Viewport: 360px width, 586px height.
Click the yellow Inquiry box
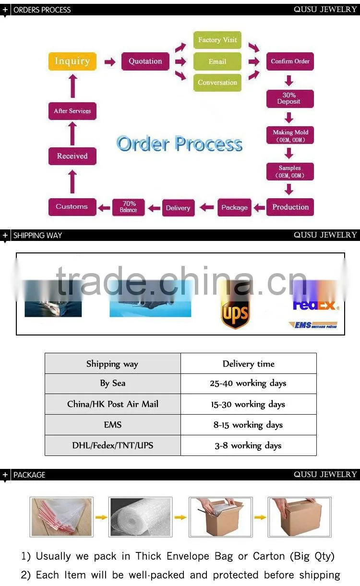(72, 61)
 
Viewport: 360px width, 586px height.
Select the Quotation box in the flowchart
(145, 61)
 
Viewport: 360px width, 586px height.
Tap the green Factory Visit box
(217, 40)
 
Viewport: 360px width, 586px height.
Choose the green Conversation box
(217, 83)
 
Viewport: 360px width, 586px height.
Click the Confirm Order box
(290, 61)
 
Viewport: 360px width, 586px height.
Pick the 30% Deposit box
(290, 98)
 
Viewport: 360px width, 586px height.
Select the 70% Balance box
(129, 207)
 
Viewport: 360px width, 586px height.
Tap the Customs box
(72, 207)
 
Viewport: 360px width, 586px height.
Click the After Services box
(72, 111)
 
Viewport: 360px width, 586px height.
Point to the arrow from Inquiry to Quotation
(109, 62)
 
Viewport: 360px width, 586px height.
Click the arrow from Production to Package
(259, 208)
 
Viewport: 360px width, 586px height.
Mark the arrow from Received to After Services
(72, 133)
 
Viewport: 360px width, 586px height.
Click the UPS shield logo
(235, 314)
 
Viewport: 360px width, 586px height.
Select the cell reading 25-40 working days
(248, 383)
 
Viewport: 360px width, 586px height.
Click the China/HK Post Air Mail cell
(113, 404)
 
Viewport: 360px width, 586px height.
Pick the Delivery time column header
(248, 364)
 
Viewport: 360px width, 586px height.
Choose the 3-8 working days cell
(248, 445)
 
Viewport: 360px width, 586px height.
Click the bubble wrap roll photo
(141, 517)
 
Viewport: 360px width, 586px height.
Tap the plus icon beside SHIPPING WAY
(5, 235)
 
